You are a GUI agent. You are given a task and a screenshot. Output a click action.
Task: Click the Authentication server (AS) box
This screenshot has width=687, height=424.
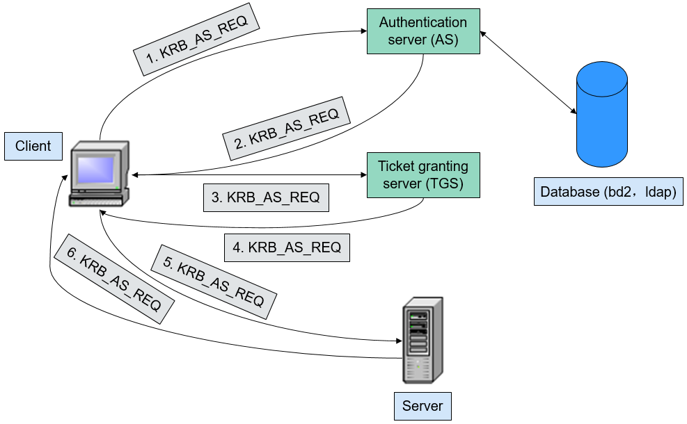423,31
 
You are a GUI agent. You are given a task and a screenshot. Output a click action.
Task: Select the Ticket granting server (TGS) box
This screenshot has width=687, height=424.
423,175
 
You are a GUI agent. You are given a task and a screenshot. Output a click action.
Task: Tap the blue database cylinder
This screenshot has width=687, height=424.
602,114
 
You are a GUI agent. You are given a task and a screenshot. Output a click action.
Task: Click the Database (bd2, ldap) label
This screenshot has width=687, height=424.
608,192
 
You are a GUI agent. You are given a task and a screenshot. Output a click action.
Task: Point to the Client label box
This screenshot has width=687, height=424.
33,146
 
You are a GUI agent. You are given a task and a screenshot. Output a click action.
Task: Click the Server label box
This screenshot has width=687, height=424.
423,406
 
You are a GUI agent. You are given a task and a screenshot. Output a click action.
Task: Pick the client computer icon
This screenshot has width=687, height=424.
100,173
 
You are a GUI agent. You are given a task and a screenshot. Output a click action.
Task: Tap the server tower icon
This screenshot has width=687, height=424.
423,341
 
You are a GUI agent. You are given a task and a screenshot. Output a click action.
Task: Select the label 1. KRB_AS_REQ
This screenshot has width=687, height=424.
196,40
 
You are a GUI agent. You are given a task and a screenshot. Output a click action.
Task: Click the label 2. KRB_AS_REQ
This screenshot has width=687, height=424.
287,129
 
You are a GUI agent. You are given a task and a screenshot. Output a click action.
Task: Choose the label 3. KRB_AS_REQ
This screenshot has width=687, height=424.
266,198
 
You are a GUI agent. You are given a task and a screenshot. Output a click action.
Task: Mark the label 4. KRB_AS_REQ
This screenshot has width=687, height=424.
287,247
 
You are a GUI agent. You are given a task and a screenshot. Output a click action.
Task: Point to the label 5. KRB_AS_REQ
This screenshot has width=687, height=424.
214,282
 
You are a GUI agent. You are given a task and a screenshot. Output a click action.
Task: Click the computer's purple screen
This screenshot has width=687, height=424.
95,170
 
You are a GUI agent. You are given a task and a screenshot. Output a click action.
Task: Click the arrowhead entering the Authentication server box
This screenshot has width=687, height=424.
363,31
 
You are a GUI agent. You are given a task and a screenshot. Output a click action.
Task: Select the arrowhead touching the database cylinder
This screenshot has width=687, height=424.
573,111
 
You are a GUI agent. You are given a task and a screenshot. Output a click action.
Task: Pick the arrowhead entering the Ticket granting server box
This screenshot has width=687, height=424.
363,175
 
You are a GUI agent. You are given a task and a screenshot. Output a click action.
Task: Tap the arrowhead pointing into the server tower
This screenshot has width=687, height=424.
399,341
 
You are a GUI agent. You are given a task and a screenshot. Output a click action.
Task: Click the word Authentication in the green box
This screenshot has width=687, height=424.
423,22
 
